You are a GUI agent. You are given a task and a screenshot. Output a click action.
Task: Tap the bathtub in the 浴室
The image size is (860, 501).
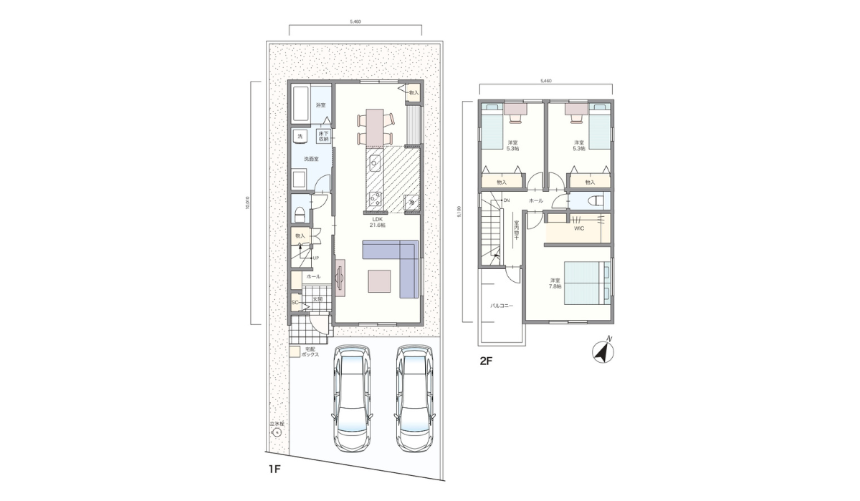tap(302, 104)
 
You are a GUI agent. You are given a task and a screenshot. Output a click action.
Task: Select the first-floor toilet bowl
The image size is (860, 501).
tap(300, 213)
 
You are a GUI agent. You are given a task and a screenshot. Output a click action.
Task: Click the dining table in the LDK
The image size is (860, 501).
tap(376, 127)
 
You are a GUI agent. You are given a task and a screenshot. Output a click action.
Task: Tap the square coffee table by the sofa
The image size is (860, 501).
tap(381, 281)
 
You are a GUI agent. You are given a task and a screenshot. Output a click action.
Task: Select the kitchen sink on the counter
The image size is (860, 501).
tap(373, 165)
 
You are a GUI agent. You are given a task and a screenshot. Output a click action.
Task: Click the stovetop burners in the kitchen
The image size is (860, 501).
tap(373, 198)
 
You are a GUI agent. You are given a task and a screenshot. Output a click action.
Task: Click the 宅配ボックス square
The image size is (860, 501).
tap(295, 351)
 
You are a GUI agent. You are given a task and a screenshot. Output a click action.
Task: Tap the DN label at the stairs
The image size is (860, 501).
tap(506, 200)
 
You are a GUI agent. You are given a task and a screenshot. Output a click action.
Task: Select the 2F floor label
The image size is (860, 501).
tap(486, 361)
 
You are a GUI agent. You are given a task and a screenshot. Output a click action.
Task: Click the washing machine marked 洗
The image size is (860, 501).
tap(300, 136)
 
